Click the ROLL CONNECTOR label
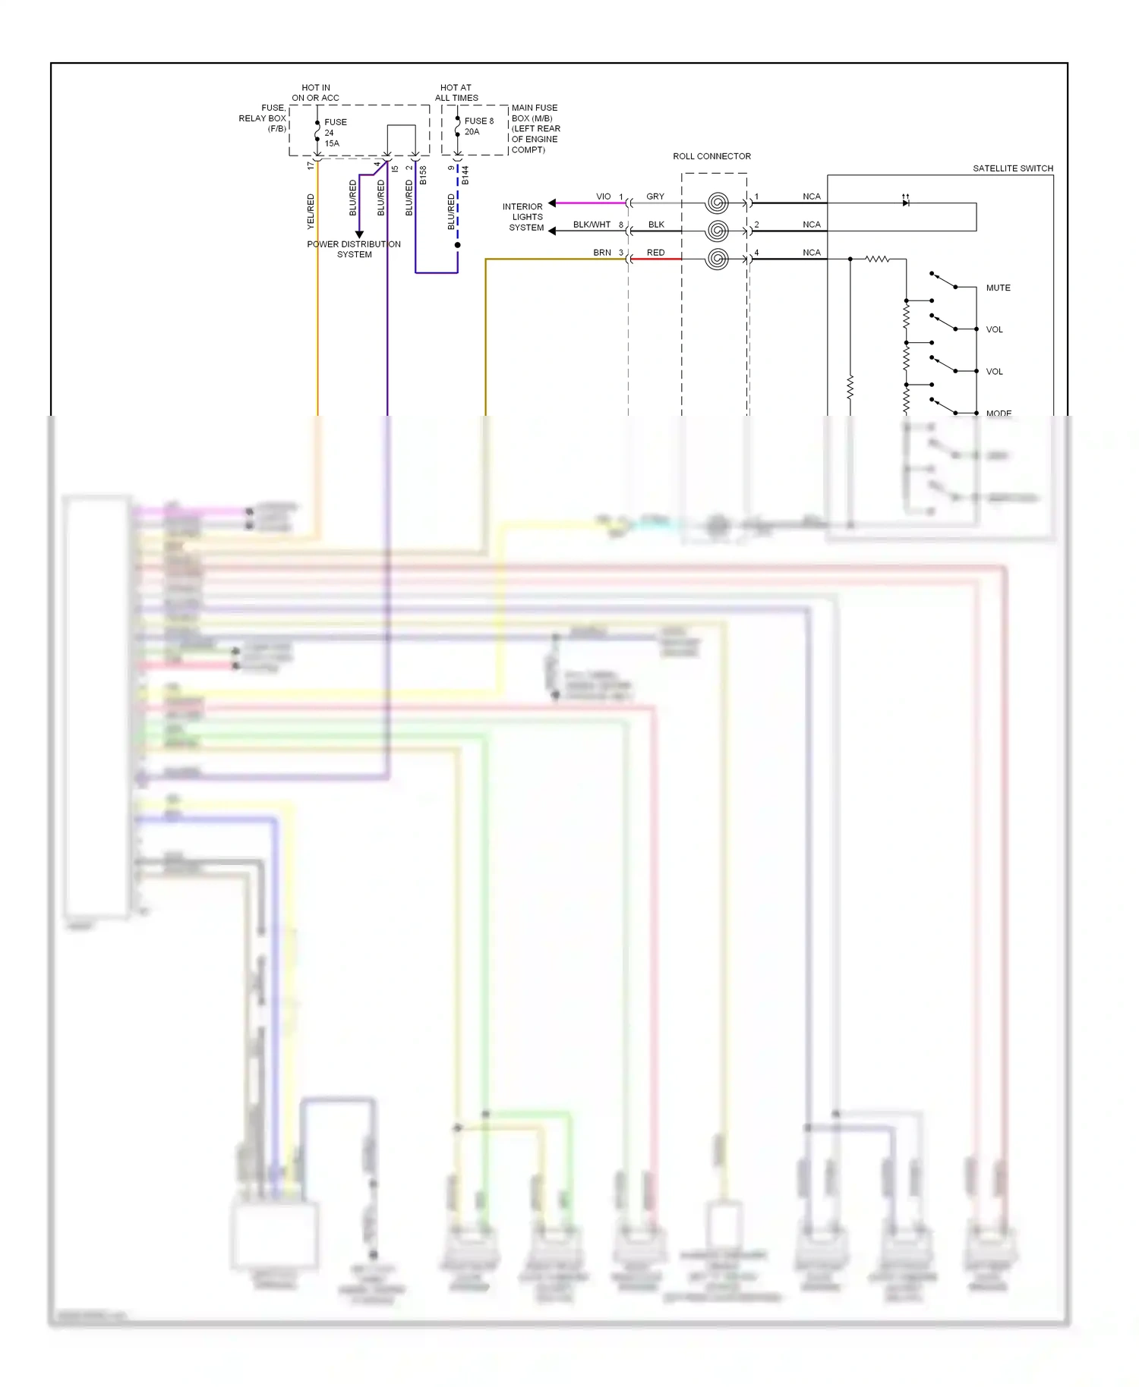711,156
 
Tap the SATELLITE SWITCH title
1013,168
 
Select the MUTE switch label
998,288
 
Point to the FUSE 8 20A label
478,126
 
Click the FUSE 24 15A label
335,133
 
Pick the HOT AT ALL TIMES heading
456,93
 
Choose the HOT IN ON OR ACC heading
315,93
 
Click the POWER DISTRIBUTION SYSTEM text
354,250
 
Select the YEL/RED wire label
311,212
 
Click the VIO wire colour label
603,197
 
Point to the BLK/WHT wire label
592,225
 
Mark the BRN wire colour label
601,253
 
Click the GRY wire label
655,197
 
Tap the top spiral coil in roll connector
717,203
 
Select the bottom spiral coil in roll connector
717,259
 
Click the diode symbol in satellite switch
905,202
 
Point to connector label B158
423,175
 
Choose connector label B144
465,175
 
